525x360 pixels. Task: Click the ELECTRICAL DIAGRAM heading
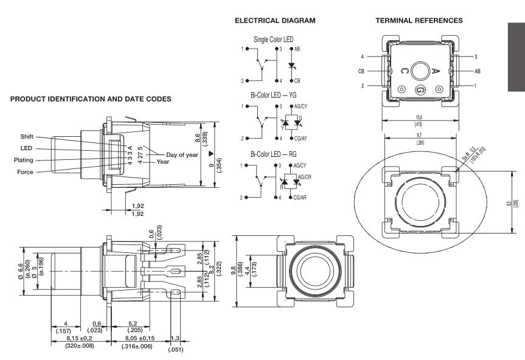click(275, 21)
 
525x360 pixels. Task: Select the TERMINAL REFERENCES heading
click(419, 21)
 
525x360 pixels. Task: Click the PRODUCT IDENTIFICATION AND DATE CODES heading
click(91, 99)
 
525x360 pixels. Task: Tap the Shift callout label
click(27, 136)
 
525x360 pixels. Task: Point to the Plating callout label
click(24, 160)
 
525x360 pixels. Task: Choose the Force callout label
click(26, 172)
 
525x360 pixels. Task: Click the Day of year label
click(182, 154)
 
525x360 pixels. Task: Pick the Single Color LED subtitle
click(273, 39)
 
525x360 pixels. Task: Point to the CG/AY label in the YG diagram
click(301, 139)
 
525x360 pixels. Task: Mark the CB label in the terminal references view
click(361, 71)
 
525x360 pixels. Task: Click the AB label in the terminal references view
click(478, 71)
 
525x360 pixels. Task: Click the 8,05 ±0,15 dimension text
click(137, 338)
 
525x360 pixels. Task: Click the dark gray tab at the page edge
click(515, 58)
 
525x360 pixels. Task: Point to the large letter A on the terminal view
click(436, 71)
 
